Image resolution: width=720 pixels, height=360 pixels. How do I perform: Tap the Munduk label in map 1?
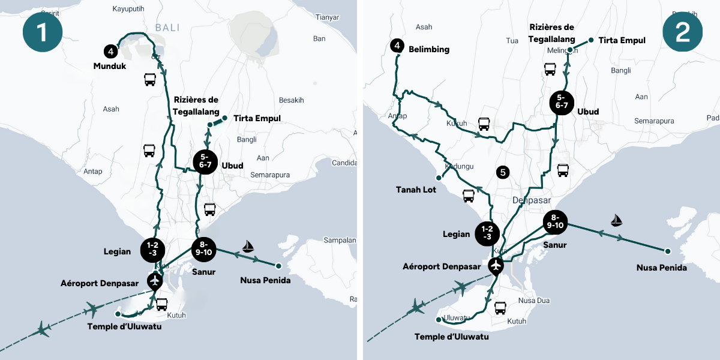point(109,67)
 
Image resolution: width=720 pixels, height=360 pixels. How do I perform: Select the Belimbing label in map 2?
point(428,49)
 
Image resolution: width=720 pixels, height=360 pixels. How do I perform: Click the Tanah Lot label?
point(416,190)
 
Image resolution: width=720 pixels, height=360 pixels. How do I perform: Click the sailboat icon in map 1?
point(248,246)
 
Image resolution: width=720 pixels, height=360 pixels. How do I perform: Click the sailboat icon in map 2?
point(616,220)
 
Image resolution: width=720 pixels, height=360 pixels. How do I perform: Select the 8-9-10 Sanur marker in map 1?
point(203,248)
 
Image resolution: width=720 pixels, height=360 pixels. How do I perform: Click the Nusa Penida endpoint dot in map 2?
point(667,251)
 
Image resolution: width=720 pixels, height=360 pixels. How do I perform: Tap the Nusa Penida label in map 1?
point(265,280)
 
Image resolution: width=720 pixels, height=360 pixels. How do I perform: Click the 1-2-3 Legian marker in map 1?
point(152,249)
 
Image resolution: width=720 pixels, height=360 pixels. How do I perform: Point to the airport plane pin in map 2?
point(496,265)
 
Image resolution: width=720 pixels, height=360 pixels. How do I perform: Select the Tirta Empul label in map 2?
point(622,40)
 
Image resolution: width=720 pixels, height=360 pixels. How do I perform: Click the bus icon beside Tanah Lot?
point(469,196)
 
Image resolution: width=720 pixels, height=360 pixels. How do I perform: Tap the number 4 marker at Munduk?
point(109,51)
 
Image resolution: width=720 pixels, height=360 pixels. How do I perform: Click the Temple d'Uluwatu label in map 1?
point(124,326)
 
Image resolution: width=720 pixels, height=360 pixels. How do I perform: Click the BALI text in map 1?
point(167,28)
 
